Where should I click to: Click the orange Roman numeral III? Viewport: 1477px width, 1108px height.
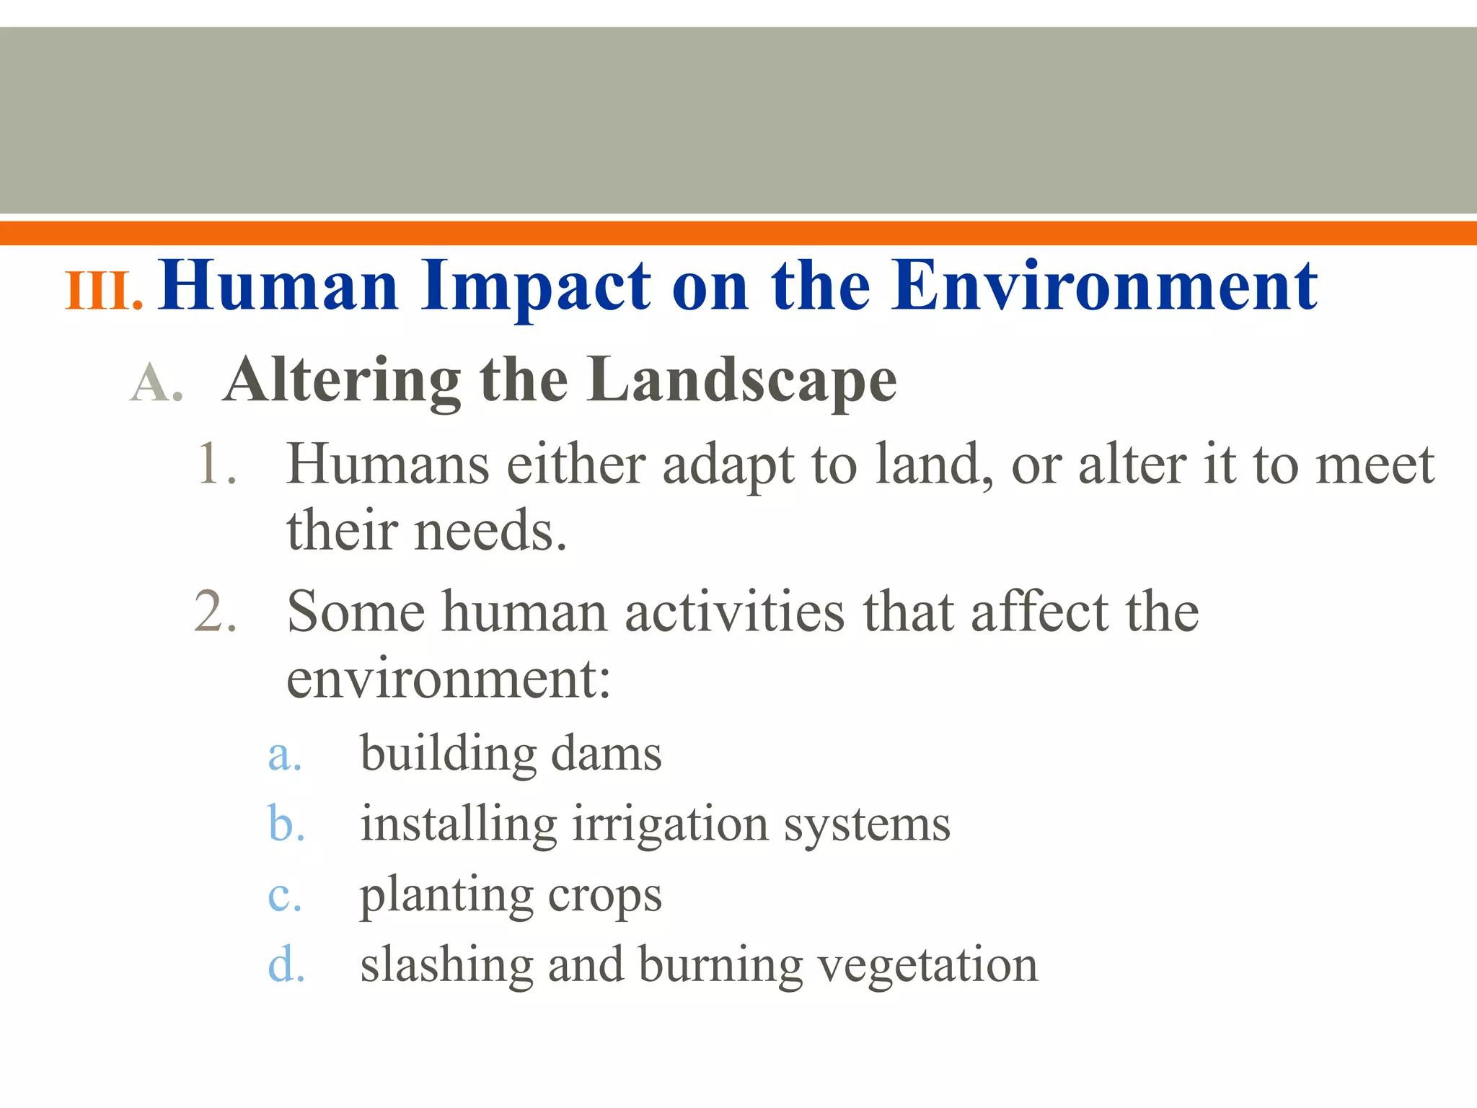(103, 291)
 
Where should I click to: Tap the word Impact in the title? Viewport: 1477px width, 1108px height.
(537, 287)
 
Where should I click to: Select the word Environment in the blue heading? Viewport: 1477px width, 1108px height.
(1103, 287)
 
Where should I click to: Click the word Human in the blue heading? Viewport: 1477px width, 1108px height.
(280, 287)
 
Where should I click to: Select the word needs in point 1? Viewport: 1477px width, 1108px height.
(490, 531)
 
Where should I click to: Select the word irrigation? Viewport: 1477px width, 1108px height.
(671, 825)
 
